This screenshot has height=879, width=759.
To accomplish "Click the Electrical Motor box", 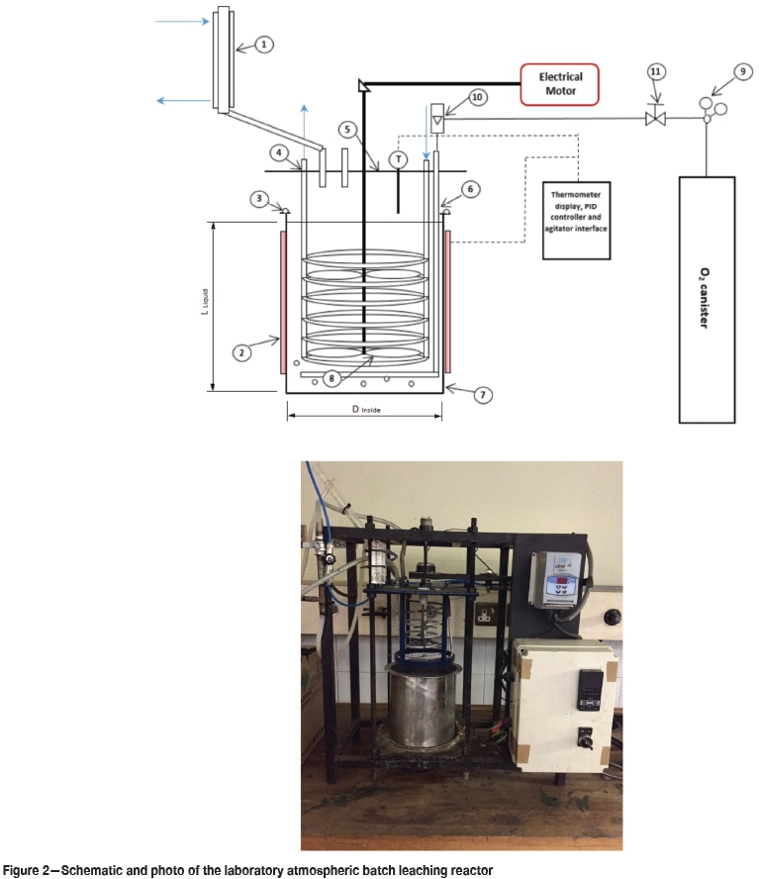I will click(x=560, y=83).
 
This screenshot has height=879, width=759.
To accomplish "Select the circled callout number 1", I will click(x=263, y=45).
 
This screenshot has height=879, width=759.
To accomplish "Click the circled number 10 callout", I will click(x=478, y=99).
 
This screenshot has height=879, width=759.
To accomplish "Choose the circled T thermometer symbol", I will click(x=398, y=158).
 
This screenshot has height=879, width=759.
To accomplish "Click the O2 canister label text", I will click(x=704, y=298).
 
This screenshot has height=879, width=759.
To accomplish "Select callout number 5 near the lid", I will click(x=346, y=129).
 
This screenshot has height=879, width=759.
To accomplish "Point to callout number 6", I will click(x=472, y=187).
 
